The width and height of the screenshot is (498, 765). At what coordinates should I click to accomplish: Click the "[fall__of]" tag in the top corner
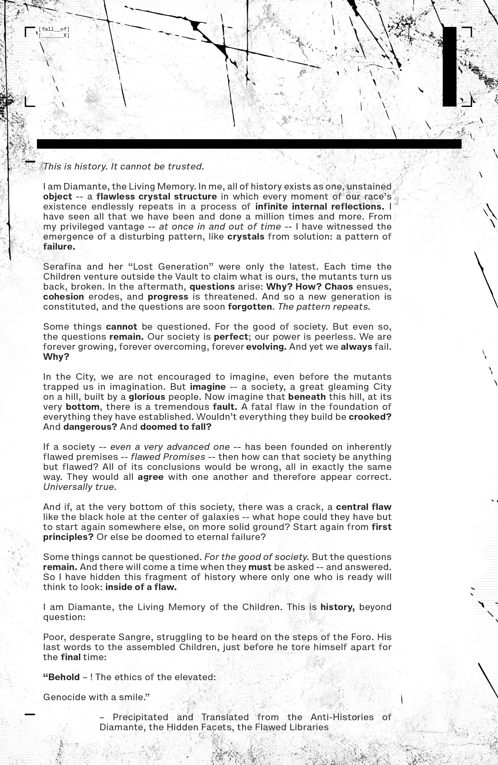[54, 29]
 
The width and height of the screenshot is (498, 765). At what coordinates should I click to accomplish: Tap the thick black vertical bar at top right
[449, 66]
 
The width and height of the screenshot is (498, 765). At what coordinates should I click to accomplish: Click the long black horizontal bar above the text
[249, 144]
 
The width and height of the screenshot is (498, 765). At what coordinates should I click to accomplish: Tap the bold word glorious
[147, 397]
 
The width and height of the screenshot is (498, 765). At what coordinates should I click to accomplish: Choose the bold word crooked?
[370, 417]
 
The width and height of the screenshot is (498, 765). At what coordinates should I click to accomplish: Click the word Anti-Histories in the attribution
[342, 717]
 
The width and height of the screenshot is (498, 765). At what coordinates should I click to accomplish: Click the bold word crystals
[246, 236]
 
